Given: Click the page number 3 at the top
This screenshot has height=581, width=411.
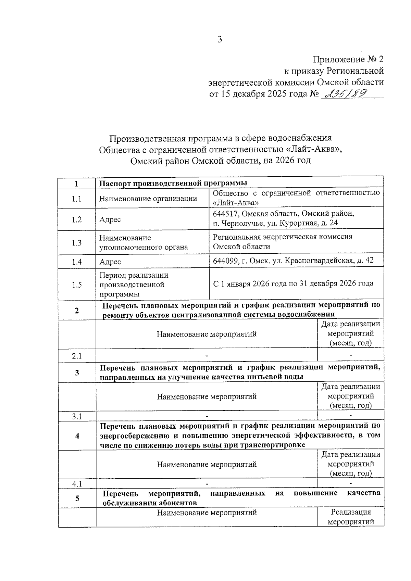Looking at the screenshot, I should point(220,39).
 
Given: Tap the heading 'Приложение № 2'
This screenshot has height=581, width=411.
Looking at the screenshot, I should point(348,60).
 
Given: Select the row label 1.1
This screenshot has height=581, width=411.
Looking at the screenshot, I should point(77,199).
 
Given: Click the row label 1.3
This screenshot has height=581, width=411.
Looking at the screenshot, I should point(77,243).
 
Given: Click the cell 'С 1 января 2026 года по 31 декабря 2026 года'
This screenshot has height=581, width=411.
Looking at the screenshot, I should point(293,283).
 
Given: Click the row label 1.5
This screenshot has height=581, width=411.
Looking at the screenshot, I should point(77,285).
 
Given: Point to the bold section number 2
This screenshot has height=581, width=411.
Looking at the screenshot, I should point(77,311).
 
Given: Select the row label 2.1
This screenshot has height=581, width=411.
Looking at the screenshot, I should point(77,356).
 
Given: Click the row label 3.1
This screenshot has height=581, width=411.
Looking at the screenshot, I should point(77,416).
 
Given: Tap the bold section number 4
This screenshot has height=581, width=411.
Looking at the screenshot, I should point(77,436).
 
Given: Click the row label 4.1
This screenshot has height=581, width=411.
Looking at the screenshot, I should point(77,484).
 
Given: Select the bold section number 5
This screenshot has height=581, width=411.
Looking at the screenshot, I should point(77,498).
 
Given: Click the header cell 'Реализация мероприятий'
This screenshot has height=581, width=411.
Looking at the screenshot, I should point(351,517).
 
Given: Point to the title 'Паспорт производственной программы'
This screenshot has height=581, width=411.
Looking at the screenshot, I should point(173,184).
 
